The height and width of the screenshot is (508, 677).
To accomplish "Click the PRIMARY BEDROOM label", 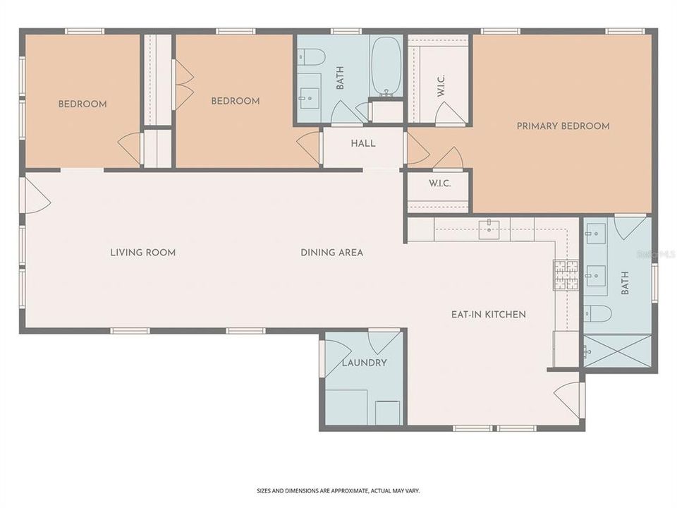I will pos(563,126).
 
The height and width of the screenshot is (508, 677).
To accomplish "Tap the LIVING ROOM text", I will pos(142,253).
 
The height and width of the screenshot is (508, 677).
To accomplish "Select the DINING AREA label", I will pos(331,253).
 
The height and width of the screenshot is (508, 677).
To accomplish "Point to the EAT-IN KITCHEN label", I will pos(489,314).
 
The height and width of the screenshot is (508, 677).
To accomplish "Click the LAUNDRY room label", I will pos(364,363).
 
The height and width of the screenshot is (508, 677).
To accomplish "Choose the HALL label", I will pos(363,143).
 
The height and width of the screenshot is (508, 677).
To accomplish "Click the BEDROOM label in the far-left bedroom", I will pos(83,104).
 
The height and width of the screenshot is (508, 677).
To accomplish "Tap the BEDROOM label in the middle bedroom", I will pos(235,101).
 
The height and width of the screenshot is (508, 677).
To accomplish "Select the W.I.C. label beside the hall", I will pos(439,183).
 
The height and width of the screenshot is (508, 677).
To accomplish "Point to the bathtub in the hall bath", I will pos(386,66).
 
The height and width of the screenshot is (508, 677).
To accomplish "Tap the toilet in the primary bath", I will pos(597,313).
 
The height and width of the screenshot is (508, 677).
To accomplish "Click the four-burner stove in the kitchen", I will pos(564,275).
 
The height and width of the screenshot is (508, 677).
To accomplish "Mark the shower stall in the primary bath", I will pos(617,351).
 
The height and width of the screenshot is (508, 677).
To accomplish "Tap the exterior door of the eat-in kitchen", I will pos(570,399).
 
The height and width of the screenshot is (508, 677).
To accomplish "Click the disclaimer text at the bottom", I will pos(338,490).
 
